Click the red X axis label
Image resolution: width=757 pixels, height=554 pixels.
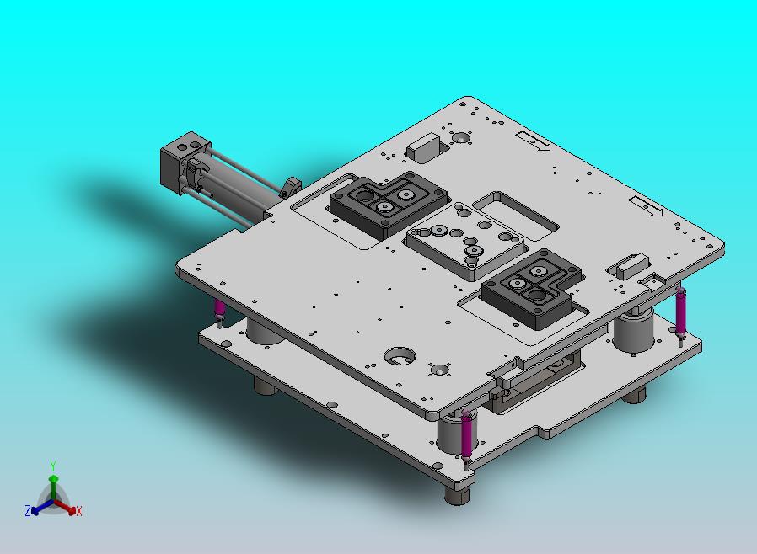pos(79,512)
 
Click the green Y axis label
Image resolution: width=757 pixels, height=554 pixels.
pos(53,466)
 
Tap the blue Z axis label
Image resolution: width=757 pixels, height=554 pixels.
pos(28,511)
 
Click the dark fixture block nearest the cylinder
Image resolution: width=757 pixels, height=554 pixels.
pos(388,203)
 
